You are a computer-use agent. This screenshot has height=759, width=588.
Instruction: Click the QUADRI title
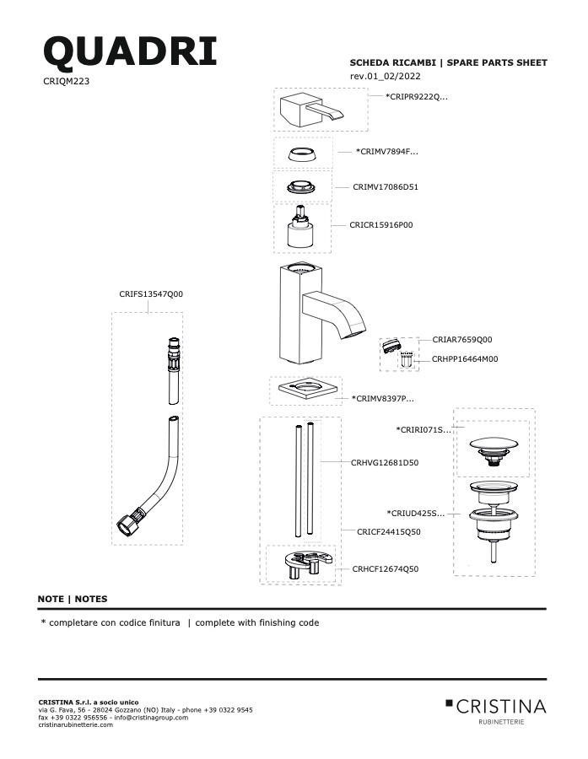130,51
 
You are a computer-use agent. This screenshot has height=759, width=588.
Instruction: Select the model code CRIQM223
67,81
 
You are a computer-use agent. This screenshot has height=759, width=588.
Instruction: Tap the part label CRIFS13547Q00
151,293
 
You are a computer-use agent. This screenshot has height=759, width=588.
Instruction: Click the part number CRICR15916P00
381,224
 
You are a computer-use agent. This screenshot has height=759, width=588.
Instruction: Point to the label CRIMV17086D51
386,187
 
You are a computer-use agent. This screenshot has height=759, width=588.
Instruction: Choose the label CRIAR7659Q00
462,339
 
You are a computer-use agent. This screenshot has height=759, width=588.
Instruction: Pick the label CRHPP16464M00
465,358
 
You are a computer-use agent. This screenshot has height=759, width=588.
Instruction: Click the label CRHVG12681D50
385,462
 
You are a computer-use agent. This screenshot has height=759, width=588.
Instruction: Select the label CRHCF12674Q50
386,568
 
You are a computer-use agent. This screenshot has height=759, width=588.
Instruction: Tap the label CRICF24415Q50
388,531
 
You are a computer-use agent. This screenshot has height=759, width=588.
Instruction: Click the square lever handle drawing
311,110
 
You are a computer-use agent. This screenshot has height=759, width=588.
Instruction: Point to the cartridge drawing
300,227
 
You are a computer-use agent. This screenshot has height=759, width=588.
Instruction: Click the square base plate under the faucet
305,389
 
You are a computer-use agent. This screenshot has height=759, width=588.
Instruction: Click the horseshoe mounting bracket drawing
309,564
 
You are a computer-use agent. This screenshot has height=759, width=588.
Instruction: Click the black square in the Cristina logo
449,702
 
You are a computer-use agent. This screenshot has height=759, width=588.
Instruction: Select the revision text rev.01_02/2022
385,76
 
